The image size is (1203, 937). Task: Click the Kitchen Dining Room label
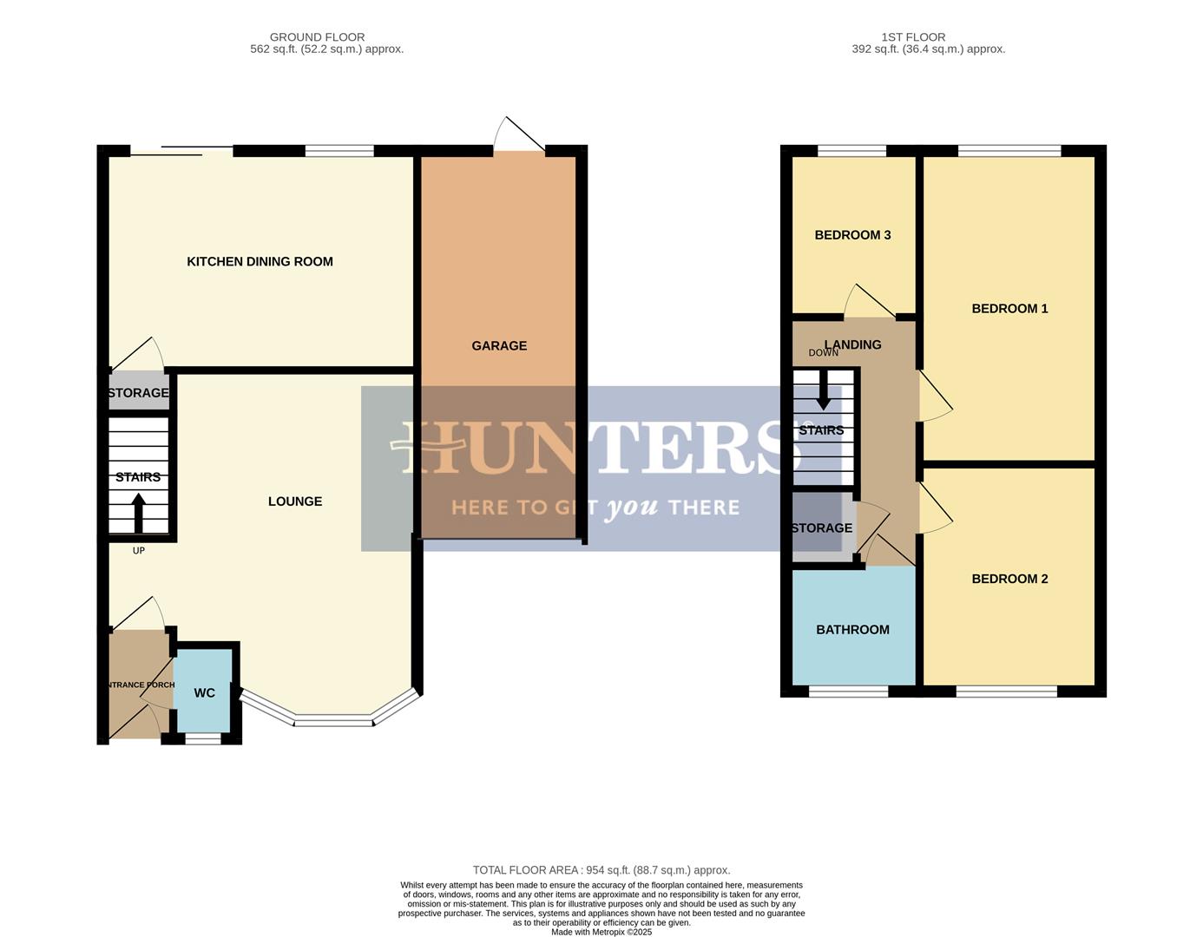click(x=260, y=262)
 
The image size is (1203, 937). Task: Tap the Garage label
click(x=499, y=346)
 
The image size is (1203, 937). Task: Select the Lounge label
click(x=295, y=501)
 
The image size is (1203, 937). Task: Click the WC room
click(x=204, y=692)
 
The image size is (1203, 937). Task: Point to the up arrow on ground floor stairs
click(x=138, y=513)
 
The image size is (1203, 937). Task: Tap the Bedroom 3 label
click(x=852, y=235)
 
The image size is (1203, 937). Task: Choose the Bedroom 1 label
click(x=1009, y=309)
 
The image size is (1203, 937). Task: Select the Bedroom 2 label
click(x=1009, y=579)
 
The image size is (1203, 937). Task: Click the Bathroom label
click(x=852, y=630)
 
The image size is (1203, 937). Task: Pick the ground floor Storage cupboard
click(x=139, y=393)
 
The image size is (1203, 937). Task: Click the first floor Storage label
click(x=821, y=528)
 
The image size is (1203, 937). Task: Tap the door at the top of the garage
click(x=519, y=137)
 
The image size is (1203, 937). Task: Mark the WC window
click(x=203, y=739)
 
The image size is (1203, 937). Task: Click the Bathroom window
click(x=849, y=691)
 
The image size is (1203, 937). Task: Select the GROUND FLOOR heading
click(x=317, y=37)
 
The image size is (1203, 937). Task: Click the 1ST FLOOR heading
click(x=913, y=37)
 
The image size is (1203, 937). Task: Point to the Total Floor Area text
click(x=601, y=870)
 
